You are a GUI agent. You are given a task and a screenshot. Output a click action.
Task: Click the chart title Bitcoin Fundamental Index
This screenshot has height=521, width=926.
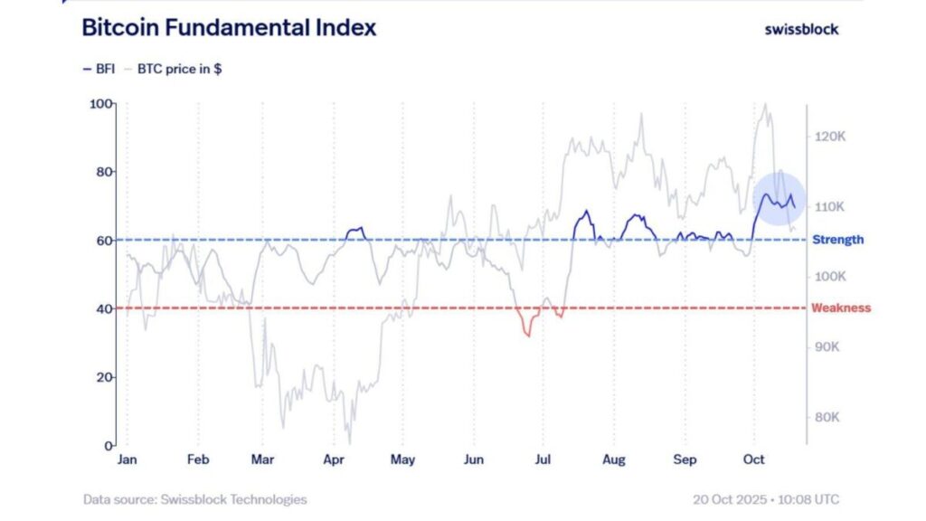(229, 28)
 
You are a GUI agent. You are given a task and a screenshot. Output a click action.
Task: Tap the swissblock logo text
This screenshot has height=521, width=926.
(801, 29)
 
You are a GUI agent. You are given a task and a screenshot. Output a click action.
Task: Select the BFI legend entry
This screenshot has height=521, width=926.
(99, 69)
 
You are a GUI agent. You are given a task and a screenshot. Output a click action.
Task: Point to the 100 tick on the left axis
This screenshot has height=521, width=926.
(100, 104)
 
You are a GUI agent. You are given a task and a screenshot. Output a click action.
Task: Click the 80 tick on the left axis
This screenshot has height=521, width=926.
(104, 172)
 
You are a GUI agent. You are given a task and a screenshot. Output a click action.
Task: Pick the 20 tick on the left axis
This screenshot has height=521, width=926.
(104, 377)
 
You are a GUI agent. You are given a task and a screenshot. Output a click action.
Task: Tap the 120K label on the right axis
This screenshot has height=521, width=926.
(829, 137)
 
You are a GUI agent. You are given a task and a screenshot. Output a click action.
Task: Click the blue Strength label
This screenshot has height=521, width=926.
(837, 240)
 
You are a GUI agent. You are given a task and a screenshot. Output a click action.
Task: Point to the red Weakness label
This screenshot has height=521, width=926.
(841, 308)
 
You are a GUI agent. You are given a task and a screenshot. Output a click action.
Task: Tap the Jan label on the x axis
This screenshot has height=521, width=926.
(127, 459)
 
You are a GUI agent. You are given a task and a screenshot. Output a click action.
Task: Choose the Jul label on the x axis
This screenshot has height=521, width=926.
(543, 459)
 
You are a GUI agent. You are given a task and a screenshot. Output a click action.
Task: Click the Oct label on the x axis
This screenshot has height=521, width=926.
(753, 459)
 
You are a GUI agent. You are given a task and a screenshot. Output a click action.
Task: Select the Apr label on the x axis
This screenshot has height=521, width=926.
(335, 459)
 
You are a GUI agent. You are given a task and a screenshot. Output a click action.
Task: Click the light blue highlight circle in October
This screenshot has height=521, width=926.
(779, 197)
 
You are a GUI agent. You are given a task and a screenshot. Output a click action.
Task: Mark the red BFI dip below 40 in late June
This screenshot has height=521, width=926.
(527, 329)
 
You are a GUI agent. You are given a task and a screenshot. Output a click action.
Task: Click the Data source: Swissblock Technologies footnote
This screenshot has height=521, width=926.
(194, 499)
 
